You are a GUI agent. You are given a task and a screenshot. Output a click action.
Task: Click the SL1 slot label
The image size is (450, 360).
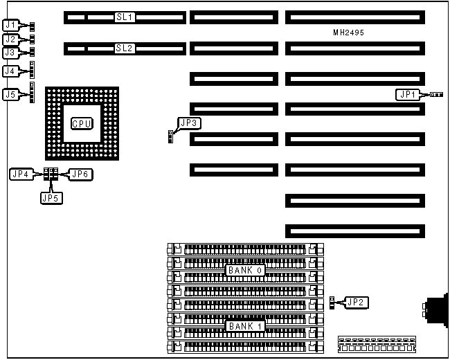(125, 15)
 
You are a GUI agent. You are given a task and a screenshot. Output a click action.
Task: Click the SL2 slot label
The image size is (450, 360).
(125, 48)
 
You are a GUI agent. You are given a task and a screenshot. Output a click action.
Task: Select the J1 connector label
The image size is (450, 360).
(10, 26)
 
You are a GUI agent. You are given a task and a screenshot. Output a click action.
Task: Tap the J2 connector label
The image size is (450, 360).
(10, 39)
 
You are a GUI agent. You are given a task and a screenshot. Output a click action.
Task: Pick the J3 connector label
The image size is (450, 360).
(10, 52)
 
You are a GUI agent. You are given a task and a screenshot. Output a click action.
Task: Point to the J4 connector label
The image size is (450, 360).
(10, 71)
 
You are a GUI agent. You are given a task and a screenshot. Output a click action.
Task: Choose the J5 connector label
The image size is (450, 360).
(10, 94)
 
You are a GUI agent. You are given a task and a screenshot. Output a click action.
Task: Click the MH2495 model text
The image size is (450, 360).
(348, 33)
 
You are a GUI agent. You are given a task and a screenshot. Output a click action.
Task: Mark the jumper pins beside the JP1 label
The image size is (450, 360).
(436, 94)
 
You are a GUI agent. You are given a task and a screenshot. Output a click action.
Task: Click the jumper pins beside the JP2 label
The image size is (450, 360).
(334, 302)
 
